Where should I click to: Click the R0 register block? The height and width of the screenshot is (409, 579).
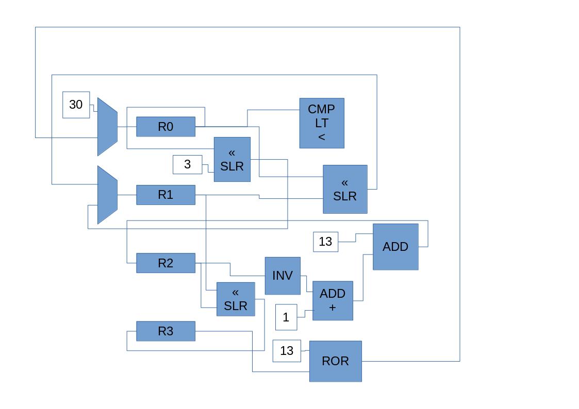166,127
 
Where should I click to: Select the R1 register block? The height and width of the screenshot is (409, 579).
166,195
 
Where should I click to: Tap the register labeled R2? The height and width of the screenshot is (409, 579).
166,263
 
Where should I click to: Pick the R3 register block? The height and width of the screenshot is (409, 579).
166,331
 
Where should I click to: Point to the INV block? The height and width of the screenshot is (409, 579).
283,276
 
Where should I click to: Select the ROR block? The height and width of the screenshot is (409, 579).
335,361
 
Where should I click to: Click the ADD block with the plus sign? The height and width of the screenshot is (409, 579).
333,301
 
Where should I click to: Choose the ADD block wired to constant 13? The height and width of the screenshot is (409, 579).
395,247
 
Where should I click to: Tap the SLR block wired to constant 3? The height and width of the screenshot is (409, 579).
232,160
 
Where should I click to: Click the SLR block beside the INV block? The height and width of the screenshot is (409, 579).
236,299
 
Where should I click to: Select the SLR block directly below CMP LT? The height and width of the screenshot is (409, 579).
345,189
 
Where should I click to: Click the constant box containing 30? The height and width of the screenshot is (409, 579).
76,105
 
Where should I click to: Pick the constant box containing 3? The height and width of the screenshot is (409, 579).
188,164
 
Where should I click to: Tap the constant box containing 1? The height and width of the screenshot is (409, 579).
286,317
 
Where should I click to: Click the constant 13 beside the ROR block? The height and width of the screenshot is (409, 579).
287,351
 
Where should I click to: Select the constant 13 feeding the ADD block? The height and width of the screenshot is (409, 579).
325,242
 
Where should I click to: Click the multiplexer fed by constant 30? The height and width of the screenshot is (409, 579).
107,127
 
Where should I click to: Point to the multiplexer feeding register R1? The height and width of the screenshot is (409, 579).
107,195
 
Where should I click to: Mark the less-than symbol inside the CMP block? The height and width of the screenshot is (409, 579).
322,137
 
